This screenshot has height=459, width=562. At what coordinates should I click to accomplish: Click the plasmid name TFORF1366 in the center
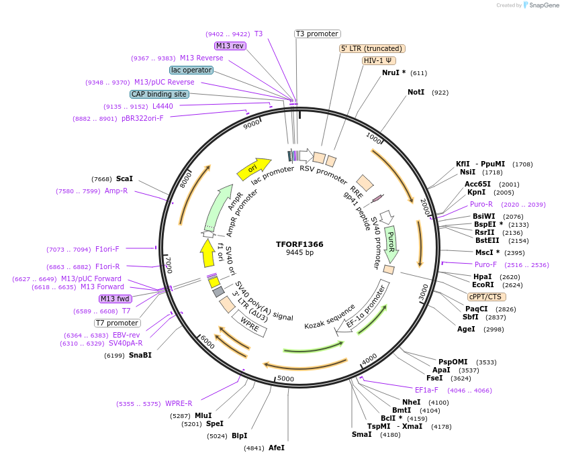pos(299,244)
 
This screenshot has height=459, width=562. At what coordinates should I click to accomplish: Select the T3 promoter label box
pos(318,34)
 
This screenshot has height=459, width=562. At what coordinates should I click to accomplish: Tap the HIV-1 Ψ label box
pos(378,60)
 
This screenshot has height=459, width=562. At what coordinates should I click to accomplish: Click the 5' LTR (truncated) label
pos(371,48)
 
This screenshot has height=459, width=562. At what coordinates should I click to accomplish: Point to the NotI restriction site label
pos(416,92)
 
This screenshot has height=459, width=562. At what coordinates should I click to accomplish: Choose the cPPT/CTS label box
pos(487,297)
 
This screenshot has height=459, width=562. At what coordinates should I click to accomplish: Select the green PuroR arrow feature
pos(391,243)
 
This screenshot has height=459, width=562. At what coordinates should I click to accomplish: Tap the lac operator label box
pos(191,70)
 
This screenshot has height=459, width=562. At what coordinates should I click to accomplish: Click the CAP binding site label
pos(159,95)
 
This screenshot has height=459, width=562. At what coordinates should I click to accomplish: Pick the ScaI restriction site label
pos(124,179)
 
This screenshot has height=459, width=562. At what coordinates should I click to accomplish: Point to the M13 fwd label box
pos(115,299)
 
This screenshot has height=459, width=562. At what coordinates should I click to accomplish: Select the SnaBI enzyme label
pos(140,355)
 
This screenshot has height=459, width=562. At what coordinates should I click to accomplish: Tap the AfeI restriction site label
pos(277,448)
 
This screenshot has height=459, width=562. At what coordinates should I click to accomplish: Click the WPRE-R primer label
pos(179,404)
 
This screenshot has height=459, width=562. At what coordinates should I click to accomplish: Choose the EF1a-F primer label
pos(426,390)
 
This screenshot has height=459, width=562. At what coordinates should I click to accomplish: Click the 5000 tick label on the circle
pos(286,379)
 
